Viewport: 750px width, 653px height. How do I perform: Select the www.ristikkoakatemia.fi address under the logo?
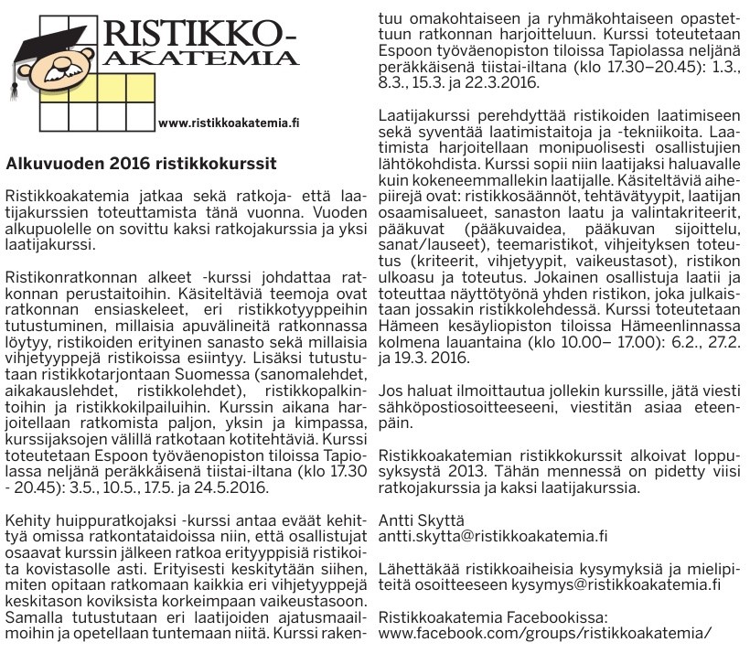(x=229, y=122)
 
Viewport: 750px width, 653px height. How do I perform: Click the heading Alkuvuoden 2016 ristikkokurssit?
(x=141, y=165)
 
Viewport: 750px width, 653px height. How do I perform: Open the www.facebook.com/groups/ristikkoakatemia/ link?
(x=544, y=633)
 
